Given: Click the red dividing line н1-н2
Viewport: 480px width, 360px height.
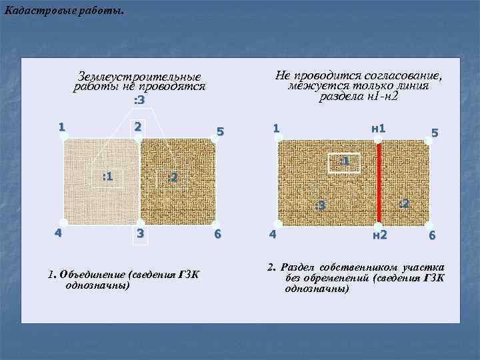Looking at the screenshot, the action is tap(379, 183).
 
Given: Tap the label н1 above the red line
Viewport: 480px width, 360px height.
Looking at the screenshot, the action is tap(379, 128).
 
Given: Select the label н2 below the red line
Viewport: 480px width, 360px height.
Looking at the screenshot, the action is tap(380, 235).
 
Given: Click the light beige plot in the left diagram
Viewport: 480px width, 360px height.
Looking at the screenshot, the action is tap(101, 181).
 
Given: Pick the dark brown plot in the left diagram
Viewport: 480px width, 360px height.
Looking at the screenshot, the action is tap(178, 181).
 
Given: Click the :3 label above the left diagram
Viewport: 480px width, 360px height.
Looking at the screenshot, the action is tap(139, 100).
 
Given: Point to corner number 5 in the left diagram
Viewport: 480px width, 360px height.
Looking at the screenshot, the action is tap(220, 131).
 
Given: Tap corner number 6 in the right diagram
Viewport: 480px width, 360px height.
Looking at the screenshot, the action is tap(432, 235).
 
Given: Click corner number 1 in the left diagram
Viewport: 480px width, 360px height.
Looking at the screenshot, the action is tap(62, 127).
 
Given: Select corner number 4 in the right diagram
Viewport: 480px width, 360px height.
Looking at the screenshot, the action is tap(273, 235).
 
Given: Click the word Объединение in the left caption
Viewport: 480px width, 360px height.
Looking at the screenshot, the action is tap(92, 274).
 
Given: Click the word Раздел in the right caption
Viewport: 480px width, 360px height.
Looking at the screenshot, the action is tap(297, 267).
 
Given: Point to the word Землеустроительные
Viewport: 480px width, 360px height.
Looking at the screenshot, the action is tap(139, 76).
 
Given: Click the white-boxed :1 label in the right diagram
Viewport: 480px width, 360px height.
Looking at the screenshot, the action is tap(345, 163).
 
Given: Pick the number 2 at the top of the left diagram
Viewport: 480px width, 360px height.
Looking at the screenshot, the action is tap(138, 127).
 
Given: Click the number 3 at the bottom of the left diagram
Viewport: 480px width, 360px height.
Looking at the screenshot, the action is tap(140, 233).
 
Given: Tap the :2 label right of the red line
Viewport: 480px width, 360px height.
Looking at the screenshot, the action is tap(405, 203).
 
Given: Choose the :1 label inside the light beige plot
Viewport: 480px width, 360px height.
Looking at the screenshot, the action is tap(107, 176).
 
